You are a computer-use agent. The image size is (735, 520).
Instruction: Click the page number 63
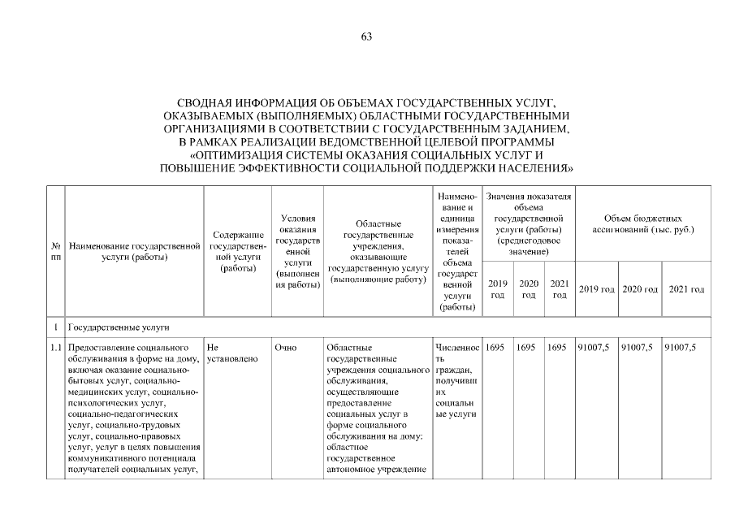click(x=366, y=36)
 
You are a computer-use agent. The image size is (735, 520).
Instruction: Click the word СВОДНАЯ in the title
click(x=208, y=104)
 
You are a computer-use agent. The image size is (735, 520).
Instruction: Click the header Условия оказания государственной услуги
click(x=298, y=251)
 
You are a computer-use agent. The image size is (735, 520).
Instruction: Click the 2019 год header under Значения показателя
click(x=497, y=288)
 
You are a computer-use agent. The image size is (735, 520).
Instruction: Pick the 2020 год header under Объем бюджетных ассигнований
click(x=640, y=290)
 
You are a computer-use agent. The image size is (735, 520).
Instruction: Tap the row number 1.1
click(x=56, y=348)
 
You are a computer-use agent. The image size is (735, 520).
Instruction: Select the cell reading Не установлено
click(x=232, y=353)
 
